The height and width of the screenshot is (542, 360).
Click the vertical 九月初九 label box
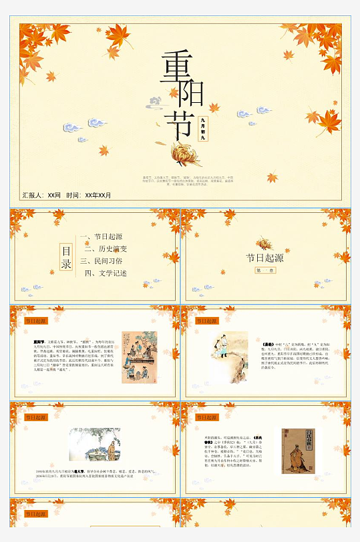[x=203, y=129]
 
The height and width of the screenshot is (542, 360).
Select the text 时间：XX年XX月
[x=89, y=196]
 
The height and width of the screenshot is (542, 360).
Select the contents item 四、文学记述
[x=105, y=273]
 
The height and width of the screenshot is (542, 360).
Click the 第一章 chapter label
[x=264, y=270]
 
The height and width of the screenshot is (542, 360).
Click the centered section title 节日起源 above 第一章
[x=264, y=258]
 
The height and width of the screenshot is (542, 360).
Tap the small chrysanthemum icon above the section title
[x=265, y=244]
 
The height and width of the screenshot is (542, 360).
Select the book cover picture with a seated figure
[x=298, y=451]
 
